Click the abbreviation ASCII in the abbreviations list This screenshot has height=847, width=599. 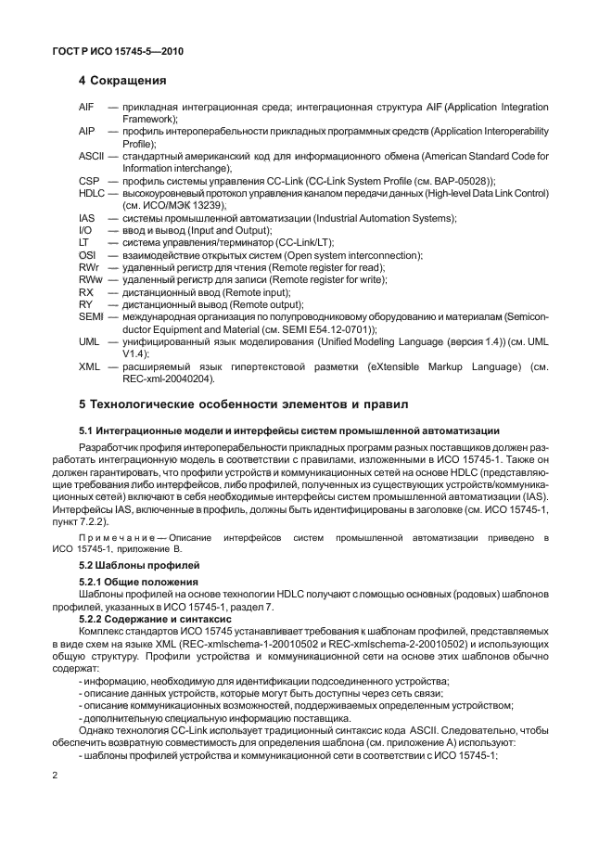[91, 156]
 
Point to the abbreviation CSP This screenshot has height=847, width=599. [88, 180]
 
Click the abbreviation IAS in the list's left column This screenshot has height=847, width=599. [86, 217]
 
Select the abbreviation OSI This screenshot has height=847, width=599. [87, 254]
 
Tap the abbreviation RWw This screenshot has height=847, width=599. [90, 279]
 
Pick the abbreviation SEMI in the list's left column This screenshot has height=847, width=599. [91, 316]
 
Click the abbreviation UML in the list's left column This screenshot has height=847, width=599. [89, 341]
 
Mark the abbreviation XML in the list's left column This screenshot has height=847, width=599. [88, 366]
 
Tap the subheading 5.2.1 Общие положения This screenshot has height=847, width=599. [139, 582]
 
